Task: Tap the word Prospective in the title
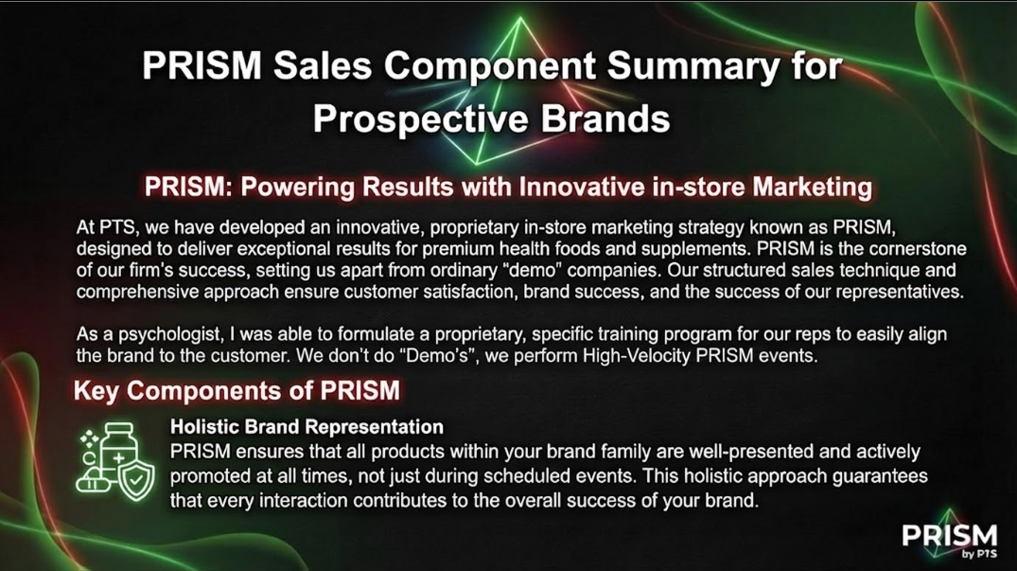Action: coord(420,120)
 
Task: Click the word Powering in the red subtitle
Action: coord(298,187)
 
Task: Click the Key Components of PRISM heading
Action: coord(237,391)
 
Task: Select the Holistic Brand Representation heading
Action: coord(307,426)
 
